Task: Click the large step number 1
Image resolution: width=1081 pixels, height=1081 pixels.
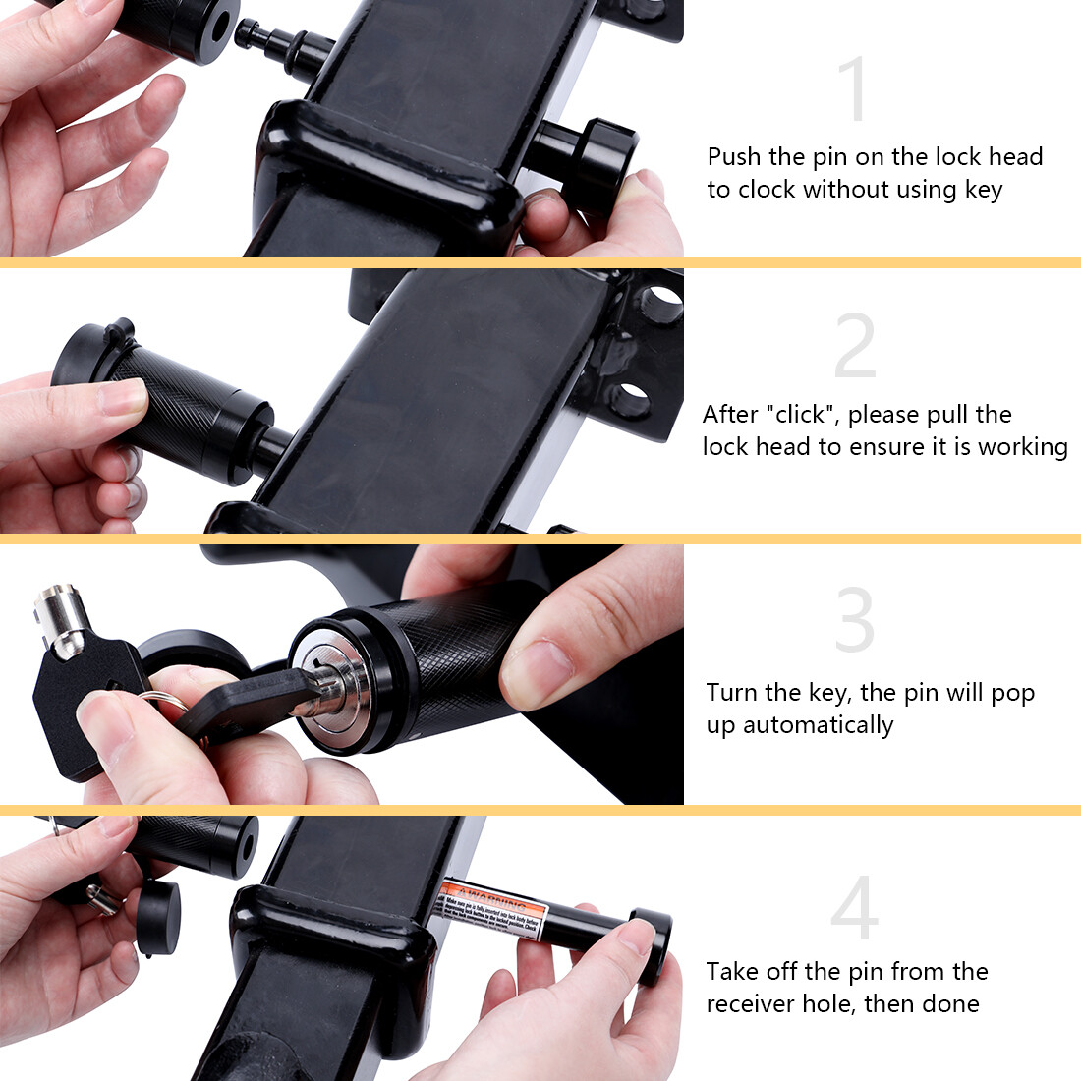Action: pos(855,89)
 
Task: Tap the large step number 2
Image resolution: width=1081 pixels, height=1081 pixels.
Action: pos(855,346)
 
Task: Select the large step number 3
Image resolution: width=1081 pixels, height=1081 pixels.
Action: pos(854,620)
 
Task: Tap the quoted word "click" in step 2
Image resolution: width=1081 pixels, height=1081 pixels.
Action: pos(802,414)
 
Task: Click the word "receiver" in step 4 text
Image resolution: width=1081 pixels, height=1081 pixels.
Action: pos(751,1003)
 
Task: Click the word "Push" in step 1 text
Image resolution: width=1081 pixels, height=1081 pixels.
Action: pos(734,156)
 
